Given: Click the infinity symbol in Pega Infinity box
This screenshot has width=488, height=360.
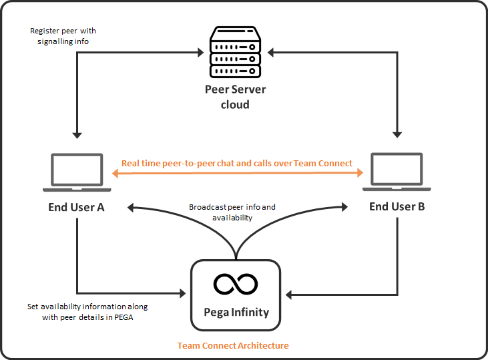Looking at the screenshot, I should [235, 284].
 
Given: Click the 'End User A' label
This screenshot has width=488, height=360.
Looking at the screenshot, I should [76, 207].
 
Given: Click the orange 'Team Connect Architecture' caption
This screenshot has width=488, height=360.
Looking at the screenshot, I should [233, 346].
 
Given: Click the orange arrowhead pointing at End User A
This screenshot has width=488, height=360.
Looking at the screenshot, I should [115, 174].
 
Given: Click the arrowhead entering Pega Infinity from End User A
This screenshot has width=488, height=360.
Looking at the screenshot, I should [183, 293].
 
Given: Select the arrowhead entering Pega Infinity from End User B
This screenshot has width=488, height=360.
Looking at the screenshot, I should [287, 293].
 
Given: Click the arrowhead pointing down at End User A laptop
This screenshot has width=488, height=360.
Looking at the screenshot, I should [77, 136].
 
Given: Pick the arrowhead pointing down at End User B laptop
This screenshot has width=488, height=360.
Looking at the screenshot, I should [398, 136].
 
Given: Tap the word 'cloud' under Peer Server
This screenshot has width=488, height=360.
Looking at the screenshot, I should [235, 104].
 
